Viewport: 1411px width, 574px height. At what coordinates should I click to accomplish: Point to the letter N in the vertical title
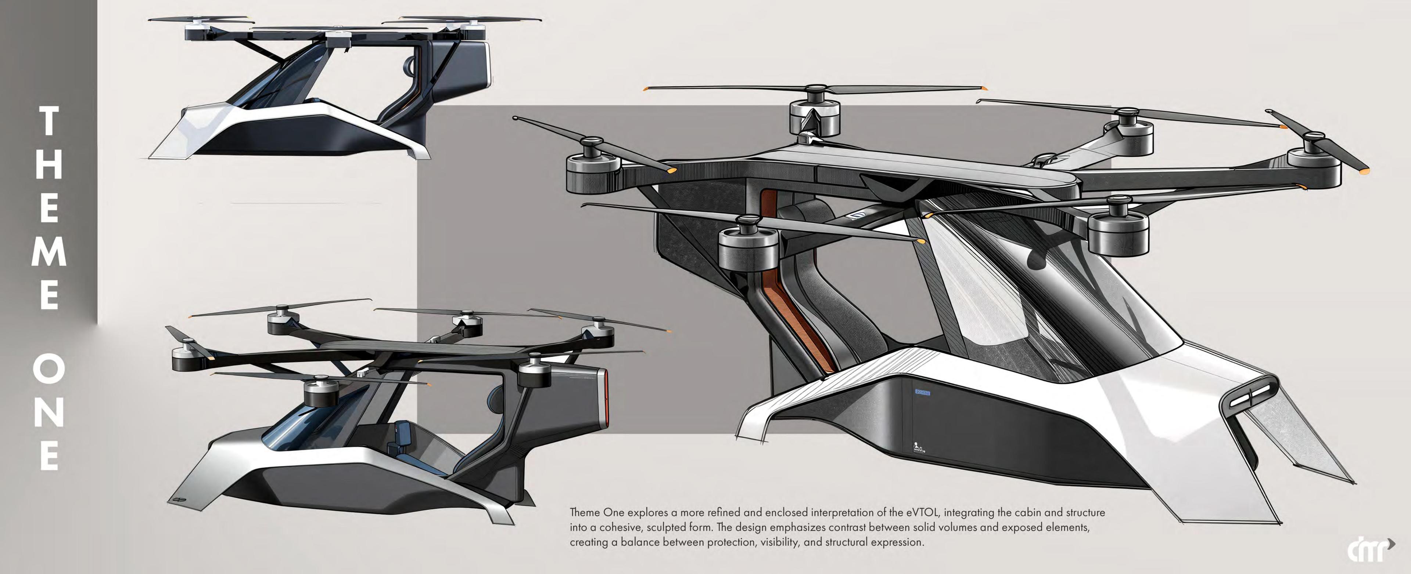point(49,411)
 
